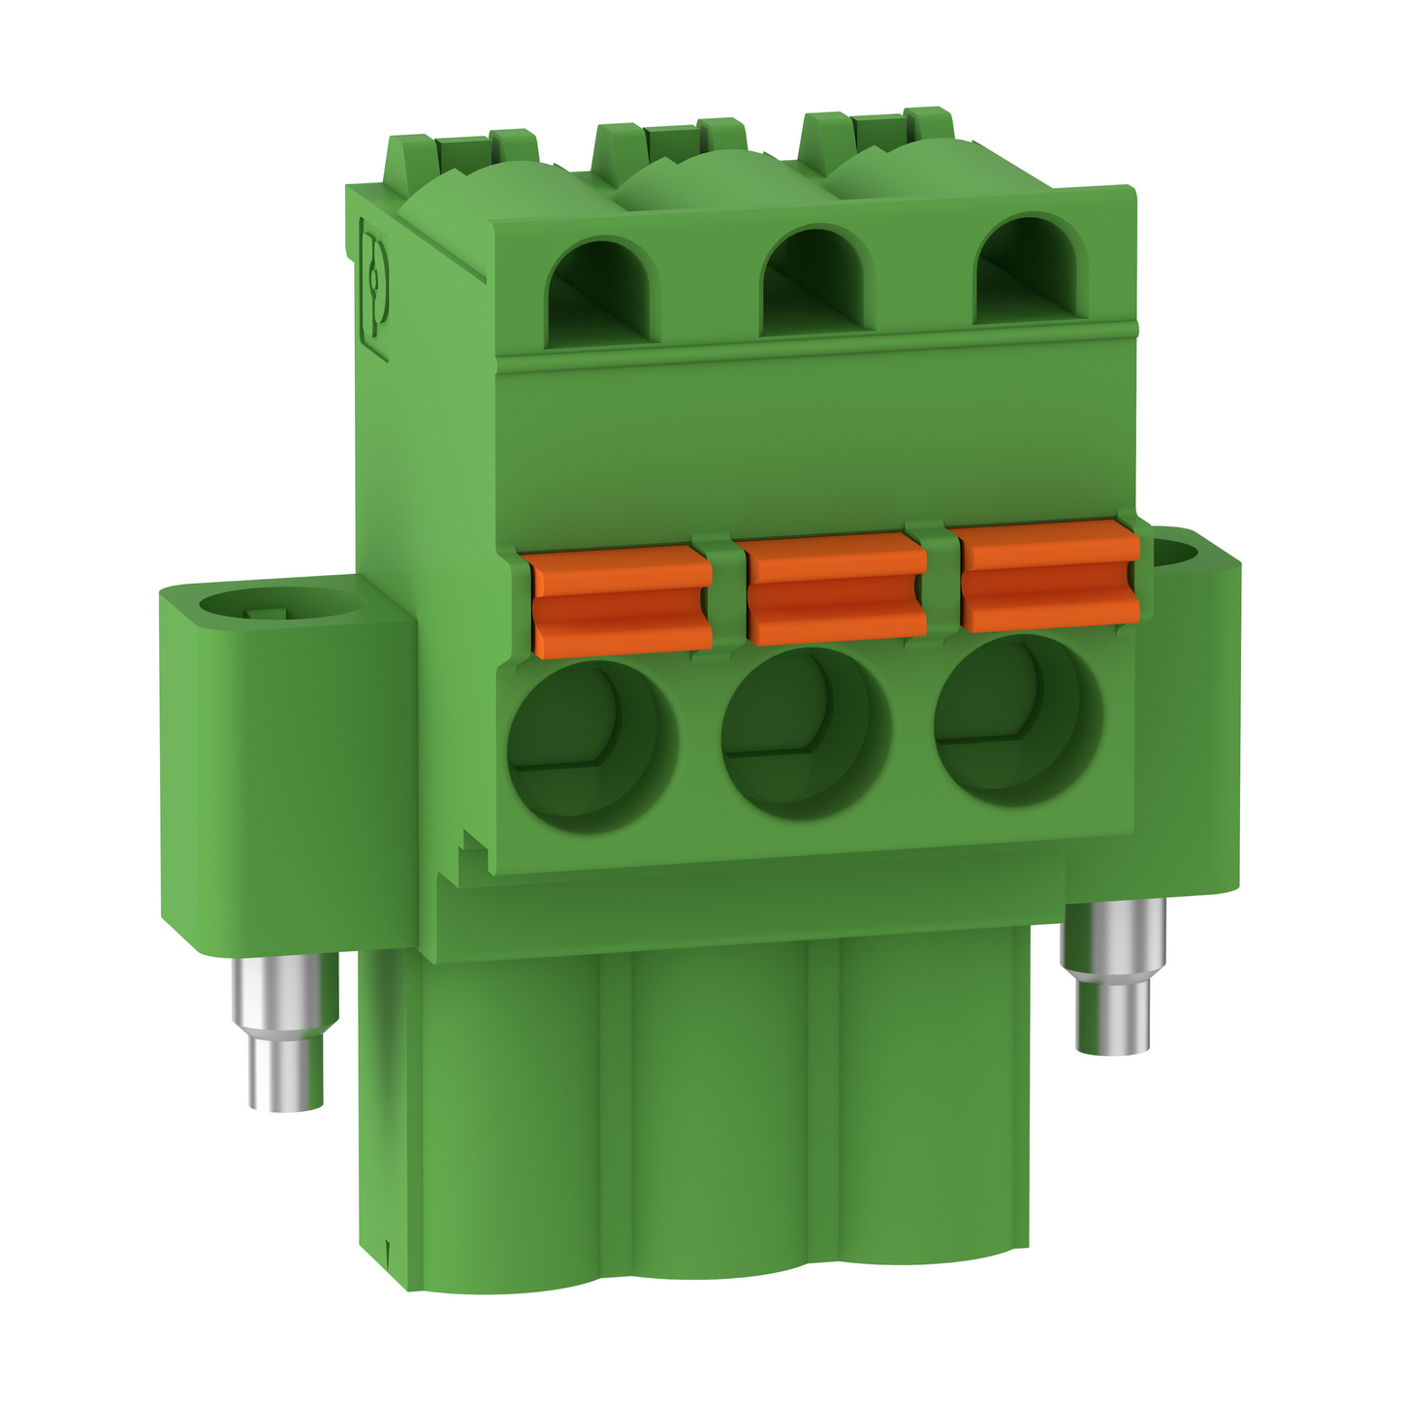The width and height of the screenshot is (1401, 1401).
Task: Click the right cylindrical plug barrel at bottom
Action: pos(926,1096)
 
